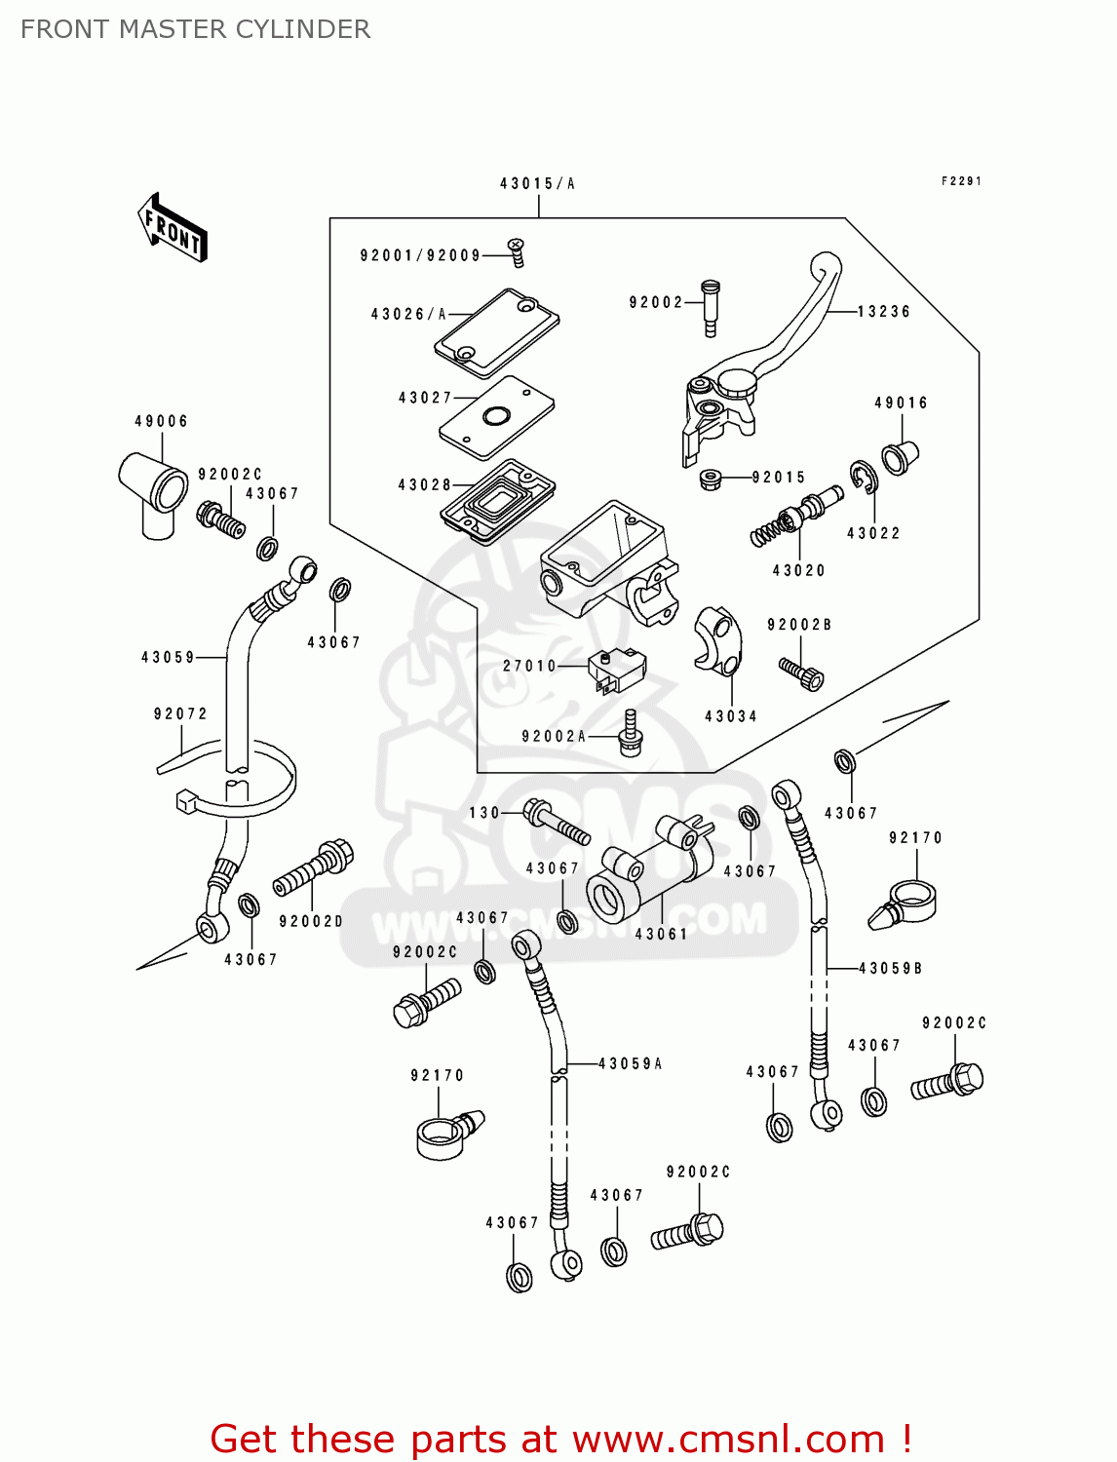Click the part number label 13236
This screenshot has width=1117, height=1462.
coord(883,312)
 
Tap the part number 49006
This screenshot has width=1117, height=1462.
coord(161,421)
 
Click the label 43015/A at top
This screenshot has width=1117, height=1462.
coord(537,183)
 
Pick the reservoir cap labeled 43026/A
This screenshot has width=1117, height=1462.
coord(497,331)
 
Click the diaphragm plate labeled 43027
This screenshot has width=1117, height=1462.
coord(496,416)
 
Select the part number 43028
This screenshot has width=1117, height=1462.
coord(424,484)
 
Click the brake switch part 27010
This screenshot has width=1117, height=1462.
coord(616,670)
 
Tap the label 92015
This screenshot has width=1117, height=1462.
coord(778,478)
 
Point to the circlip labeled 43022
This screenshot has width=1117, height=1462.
coord(863,477)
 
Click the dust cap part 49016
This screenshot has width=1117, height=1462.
coord(899,456)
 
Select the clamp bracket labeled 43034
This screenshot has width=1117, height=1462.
coord(719,640)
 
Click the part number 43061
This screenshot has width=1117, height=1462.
coord(661,934)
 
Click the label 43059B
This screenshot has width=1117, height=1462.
coord(890,968)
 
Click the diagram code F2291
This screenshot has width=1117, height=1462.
coord(961,181)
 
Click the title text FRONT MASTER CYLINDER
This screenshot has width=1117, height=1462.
coord(195,29)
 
